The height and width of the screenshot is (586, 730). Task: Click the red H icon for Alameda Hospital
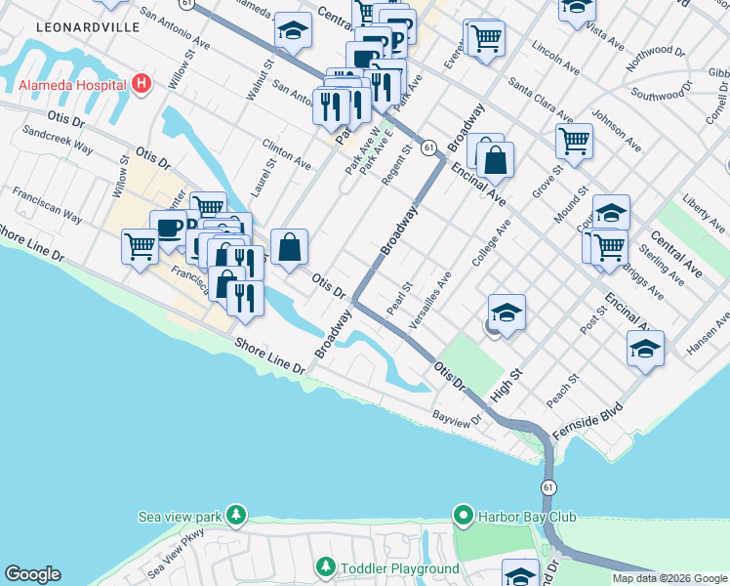142,83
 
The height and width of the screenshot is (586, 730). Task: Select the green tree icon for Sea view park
234,515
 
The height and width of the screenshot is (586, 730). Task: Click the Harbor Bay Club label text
527,517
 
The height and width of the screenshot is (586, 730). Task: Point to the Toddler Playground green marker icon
326,567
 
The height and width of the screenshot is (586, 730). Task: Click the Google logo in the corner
32,574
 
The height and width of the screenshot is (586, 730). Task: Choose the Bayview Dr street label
458,418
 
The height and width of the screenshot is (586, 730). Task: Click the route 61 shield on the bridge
548,486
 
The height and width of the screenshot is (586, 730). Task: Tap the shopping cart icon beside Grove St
575,141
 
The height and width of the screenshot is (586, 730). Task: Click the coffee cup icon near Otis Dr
169,228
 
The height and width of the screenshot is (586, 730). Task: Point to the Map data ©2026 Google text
669,578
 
